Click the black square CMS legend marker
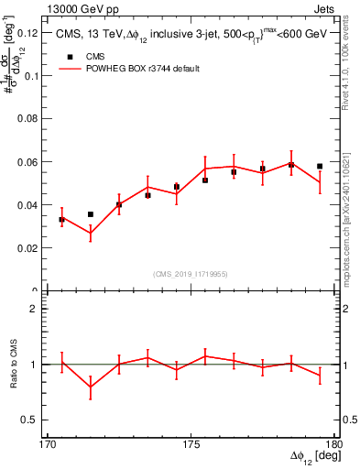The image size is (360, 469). (x=70, y=57)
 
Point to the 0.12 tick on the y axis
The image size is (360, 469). (x=32, y=33)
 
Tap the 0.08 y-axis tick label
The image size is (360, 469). (x=32, y=119)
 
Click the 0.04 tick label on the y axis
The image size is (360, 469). (x=32, y=205)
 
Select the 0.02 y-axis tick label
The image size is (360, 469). (x=32, y=248)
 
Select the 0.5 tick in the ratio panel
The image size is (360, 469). (x=35, y=420)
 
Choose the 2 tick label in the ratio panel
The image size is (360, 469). (x=38, y=309)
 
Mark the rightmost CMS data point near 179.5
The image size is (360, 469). (x=320, y=167)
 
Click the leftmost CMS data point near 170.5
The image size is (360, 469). (x=61, y=220)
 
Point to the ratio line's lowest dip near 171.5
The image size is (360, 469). (x=91, y=387)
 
